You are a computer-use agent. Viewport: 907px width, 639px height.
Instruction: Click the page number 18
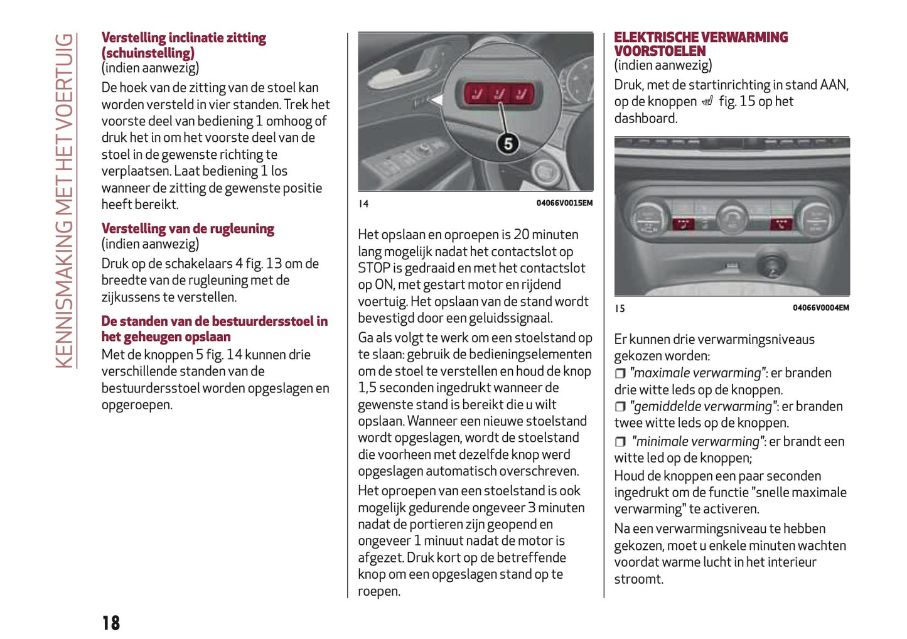click(110, 622)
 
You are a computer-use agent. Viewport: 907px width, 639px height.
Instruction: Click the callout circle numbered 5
click(508, 144)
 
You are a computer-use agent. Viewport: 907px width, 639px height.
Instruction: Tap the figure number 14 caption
click(363, 203)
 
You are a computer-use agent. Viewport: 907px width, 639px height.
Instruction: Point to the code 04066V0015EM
click(564, 203)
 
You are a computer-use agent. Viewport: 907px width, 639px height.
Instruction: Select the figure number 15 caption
click(620, 308)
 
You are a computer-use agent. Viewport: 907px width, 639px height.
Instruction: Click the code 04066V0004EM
click(820, 308)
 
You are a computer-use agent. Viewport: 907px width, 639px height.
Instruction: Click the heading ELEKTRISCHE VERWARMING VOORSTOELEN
click(700, 44)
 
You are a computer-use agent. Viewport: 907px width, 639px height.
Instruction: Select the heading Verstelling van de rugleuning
click(188, 228)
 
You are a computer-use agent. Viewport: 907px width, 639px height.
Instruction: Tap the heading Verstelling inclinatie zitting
click(183, 45)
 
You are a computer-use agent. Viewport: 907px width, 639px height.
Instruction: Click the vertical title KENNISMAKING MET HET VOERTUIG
click(64, 201)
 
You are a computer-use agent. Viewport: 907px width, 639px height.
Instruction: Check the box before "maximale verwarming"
click(620, 373)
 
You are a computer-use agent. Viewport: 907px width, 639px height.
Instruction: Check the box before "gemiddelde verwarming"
click(620, 407)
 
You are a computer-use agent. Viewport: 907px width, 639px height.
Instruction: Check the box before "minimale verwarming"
click(620, 442)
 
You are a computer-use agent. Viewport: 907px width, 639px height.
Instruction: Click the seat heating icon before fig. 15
click(707, 102)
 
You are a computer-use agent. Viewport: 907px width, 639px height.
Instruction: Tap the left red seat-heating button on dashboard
click(682, 224)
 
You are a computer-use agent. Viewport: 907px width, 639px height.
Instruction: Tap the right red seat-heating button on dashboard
click(781, 224)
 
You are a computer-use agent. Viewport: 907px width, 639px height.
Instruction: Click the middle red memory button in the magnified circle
click(499, 94)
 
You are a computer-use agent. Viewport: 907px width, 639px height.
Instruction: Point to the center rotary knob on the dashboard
click(732, 217)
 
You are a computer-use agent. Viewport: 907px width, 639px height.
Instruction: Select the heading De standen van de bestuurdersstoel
click(214, 328)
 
